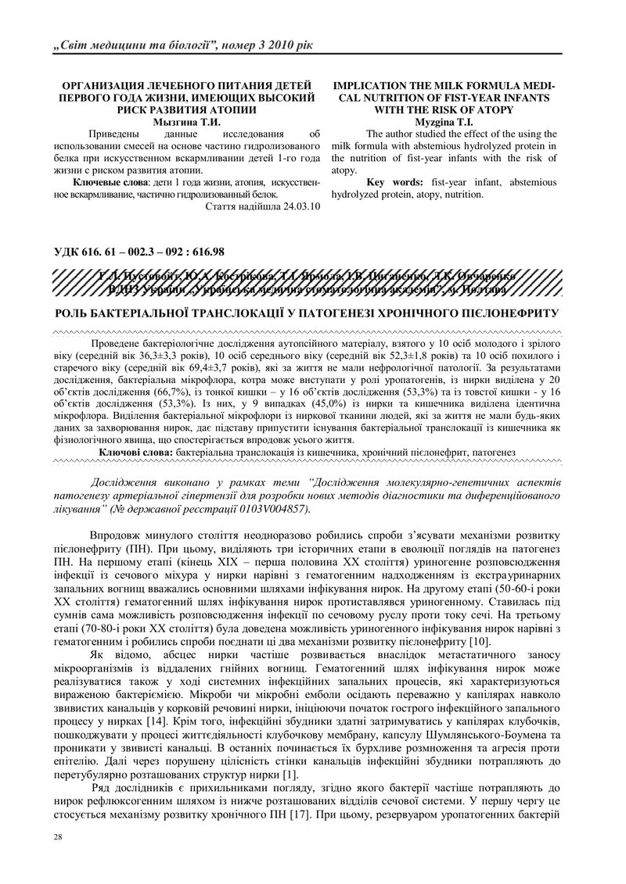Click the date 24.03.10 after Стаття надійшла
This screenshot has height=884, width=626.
coord(297,207)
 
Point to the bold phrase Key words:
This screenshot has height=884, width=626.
coord(397,182)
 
